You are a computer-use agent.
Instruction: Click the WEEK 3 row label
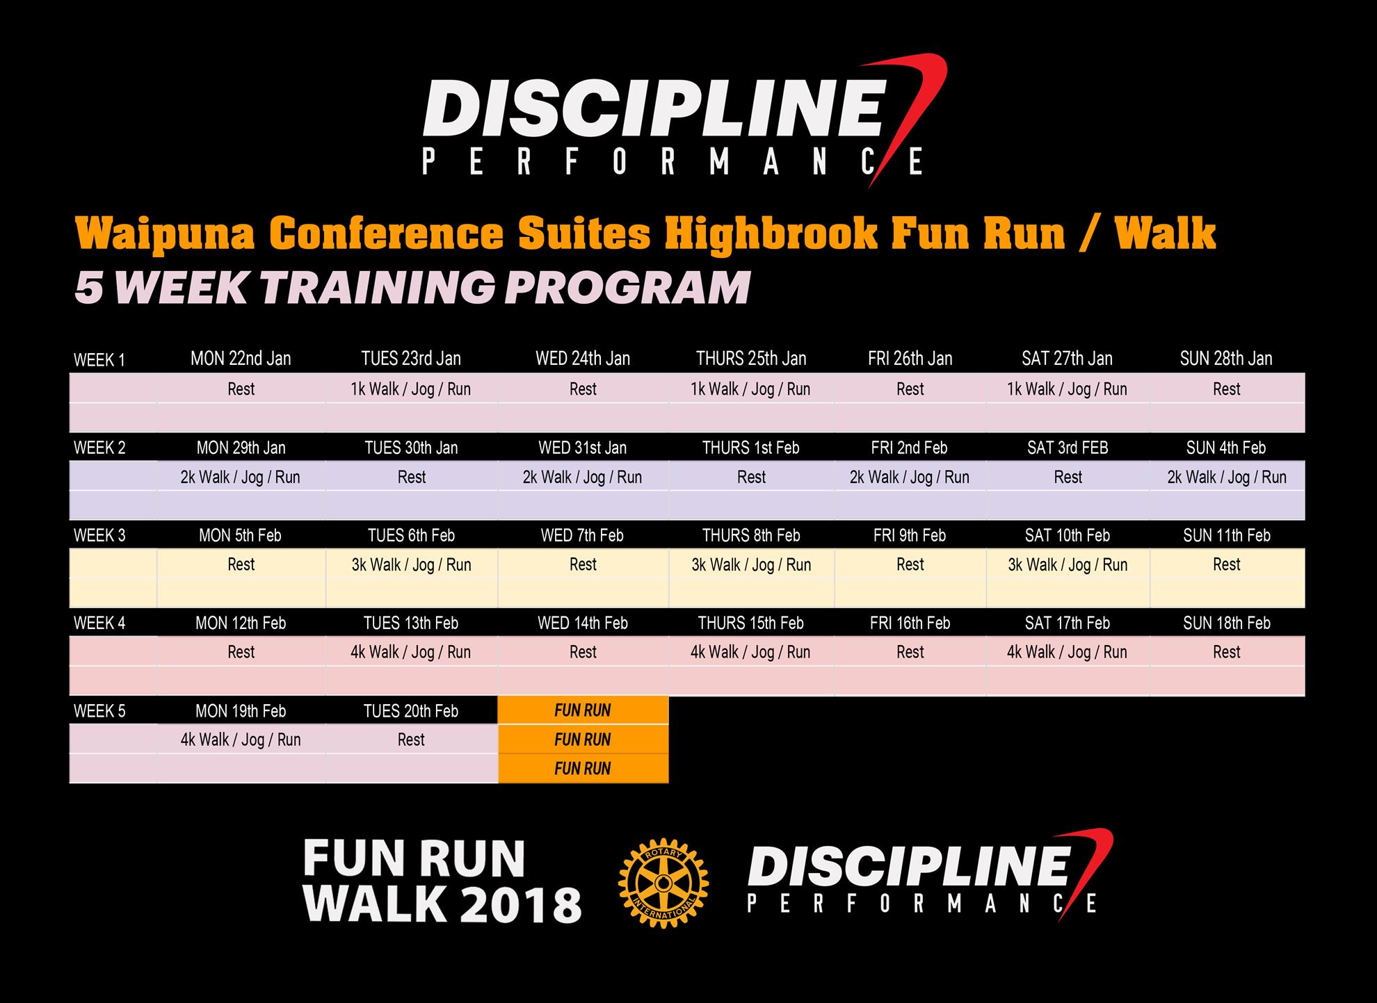tap(99, 536)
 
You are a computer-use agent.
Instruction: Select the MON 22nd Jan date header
tap(241, 359)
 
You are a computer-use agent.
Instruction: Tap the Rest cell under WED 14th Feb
tap(583, 652)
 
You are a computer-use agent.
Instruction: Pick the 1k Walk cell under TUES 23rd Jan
tap(411, 389)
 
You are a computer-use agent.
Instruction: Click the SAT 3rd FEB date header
tap(1068, 448)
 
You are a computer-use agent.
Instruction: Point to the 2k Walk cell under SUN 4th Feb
tap(1227, 478)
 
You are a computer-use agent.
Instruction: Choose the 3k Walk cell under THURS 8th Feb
tap(751, 565)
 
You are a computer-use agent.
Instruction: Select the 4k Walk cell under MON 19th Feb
tap(241, 740)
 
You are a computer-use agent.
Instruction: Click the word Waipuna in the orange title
tap(166, 234)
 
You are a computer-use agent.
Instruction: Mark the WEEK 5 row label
tap(99, 712)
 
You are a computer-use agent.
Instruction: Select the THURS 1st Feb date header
tap(751, 448)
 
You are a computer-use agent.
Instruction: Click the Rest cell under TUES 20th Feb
tap(411, 740)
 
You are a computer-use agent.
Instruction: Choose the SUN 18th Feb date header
tap(1227, 623)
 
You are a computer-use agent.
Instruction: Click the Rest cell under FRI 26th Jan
tap(910, 389)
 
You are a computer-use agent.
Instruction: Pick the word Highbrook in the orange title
tap(771, 234)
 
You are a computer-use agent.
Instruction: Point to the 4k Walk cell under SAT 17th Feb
tap(1068, 653)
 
